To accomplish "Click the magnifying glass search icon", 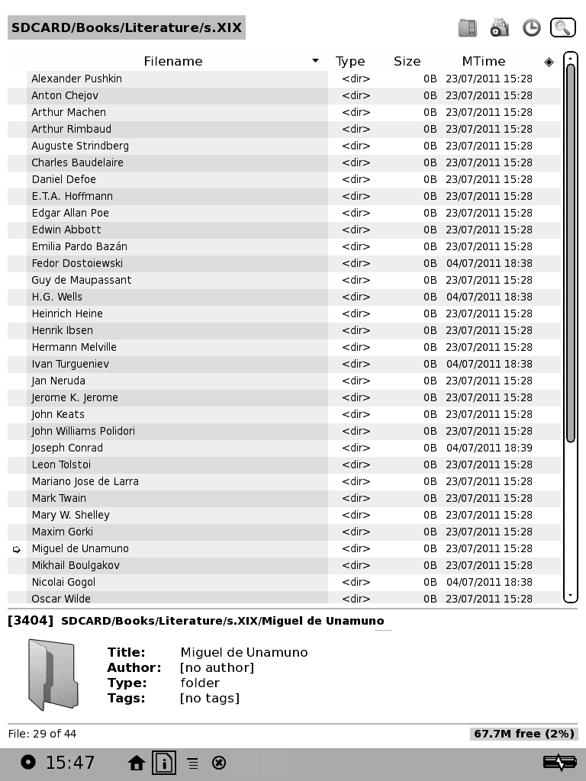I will [x=562, y=28].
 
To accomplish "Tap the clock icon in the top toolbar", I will [x=531, y=28].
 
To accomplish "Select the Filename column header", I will [x=173, y=62].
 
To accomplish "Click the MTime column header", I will [x=483, y=62].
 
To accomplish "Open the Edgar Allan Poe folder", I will [x=70, y=213].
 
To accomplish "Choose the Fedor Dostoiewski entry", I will [x=77, y=263].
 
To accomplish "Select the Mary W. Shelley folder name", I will [x=71, y=515].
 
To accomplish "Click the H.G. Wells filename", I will [x=57, y=297].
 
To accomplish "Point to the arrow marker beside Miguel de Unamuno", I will [x=17, y=549].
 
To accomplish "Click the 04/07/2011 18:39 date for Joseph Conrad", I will [x=489, y=448].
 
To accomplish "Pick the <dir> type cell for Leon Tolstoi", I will [x=356, y=464].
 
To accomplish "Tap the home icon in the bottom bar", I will [x=137, y=763].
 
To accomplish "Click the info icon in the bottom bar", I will [x=164, y=763].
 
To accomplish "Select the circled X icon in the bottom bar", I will [x=219, y=763].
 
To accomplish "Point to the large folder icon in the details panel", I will [x=52, y=674].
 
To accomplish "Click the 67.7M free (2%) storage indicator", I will [x=523, y=734].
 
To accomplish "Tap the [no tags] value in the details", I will [x=210, y=698].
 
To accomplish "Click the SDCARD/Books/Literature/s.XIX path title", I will [x=127, y=28].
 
